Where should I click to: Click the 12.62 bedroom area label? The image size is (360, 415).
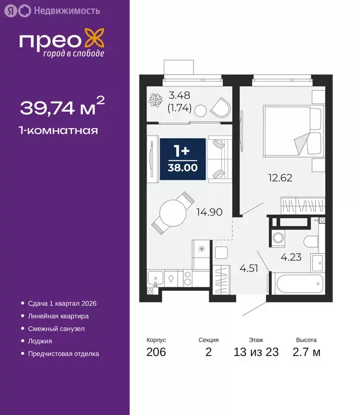[280, 177]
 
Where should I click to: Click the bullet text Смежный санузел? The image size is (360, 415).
[56, 329]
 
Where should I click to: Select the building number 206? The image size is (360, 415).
[156, 352]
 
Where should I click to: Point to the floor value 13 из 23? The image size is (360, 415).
[256, 352]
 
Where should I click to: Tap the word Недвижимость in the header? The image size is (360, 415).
[66, 10]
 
